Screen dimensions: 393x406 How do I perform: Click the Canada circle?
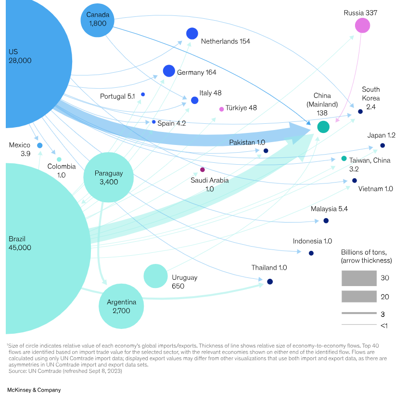click(98, 20)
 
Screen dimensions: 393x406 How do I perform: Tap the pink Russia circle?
click(362, 26)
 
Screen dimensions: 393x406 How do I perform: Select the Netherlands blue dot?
click(192, 33)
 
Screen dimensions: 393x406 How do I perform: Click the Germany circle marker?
click(169, 71)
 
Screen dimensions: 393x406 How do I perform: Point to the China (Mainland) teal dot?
click(323, 127)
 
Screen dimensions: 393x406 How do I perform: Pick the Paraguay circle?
click(108, 177)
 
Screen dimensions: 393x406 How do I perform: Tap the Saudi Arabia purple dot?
click(203, 170)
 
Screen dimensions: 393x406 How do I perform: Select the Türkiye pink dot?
click(221, 109)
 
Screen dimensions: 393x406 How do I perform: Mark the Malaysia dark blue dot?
click(326, 221)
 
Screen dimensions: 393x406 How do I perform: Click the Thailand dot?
click(270, 281)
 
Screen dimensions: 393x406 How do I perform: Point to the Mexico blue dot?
click(40, 145)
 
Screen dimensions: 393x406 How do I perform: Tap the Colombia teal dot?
click(59, 159)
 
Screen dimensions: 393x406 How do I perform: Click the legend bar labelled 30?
click(359, 278)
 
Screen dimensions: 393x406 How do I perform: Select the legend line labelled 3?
click(359, 313)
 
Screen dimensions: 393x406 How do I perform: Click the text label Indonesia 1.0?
click(312, 241)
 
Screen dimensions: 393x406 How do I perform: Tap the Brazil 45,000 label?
click(20, 243)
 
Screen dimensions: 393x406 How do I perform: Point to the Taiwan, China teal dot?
click(344, 158)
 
